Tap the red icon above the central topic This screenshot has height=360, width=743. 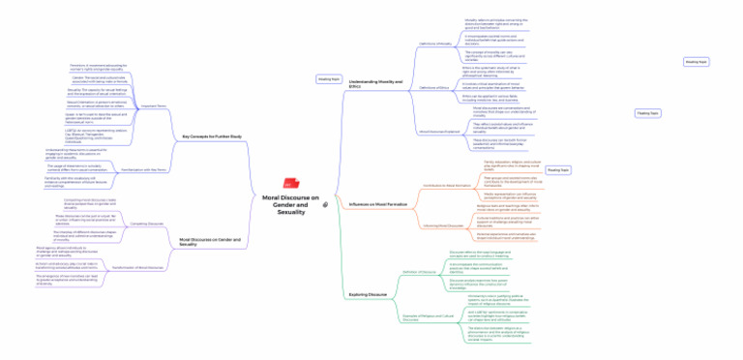(x=288, y=184)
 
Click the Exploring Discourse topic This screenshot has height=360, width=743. (x=368, y=293)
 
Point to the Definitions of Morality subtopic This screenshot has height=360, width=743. (x=434, y=45)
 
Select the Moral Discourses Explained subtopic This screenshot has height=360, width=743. (x=438, y=131)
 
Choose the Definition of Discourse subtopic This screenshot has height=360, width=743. (x=422, y=272)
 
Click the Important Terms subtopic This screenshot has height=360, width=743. (x=154, y=105)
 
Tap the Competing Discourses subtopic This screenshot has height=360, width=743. (x=147, y=223)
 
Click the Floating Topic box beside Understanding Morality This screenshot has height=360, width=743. (x=329, y=78)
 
